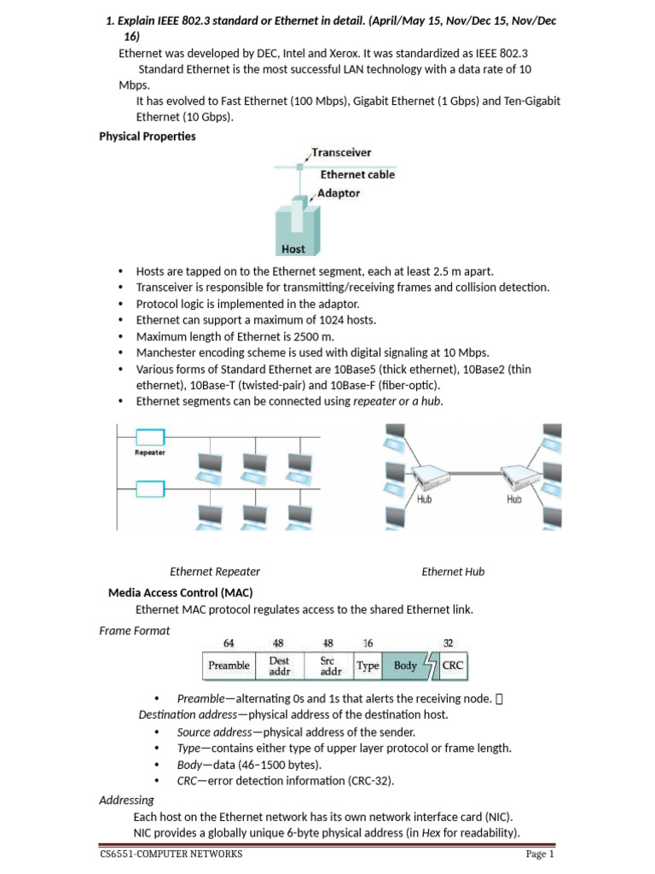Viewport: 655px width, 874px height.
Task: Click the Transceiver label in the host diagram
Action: (341, 153)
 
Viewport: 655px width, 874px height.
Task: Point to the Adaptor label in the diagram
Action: (338, 194)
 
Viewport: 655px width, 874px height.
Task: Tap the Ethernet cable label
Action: (357, 174)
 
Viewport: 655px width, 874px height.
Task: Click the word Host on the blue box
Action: (293, 249)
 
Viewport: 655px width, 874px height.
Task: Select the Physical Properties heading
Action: (148, 136)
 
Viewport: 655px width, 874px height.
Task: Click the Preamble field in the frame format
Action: (229, 666)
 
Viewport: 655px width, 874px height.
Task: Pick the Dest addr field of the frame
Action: (280, 666)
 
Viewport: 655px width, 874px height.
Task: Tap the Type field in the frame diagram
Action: (368, 666)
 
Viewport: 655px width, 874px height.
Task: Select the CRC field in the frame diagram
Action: (452, 666)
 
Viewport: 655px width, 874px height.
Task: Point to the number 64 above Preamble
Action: (229, 642)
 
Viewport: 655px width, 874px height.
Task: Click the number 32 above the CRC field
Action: (449, 642)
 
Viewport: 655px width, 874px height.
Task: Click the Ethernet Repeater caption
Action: (215, 572)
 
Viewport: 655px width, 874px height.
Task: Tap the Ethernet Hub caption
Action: (453, 572)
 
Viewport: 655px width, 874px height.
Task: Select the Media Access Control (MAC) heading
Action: (180, 592)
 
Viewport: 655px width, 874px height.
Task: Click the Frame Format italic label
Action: (135, 631)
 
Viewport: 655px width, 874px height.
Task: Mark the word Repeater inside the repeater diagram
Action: (150, 452)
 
